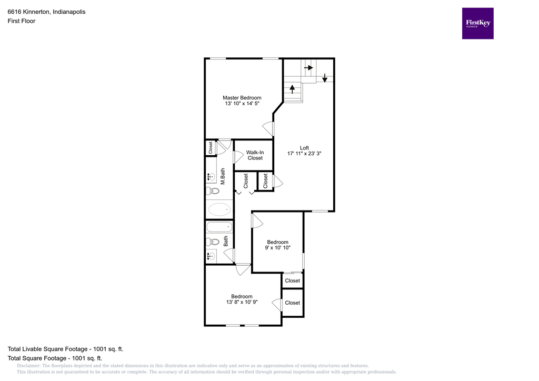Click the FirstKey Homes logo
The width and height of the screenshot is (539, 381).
click(x=477, y=23)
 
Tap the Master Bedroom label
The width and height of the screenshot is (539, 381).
click(x=242, y=98)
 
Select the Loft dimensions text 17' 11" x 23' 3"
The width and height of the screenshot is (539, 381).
click(x=304, y=154)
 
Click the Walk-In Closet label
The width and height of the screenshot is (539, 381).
click(x=255, y=155)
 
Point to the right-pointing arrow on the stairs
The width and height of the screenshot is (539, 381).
click(x=308, y=68)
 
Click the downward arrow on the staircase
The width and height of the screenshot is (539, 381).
click(x=325, y=78)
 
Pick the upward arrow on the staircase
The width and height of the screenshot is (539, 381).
click(x=292, y=88)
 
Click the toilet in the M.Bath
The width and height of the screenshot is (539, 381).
click(x=212, y=190)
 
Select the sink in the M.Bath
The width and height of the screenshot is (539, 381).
click(x=211, y=177)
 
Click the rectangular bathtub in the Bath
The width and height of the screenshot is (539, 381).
click(x=219, y=227)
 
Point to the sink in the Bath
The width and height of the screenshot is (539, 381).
click(x=212, y=256)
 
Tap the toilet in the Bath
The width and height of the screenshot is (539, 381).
click(x=212, y=242)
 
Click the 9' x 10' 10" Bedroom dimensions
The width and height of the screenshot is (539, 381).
click(x=277, y=248)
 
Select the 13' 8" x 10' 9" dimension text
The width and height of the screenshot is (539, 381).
click(x=242, y=303)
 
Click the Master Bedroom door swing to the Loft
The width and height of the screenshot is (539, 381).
click(x=268, y=128)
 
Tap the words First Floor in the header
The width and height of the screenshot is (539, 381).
click(x=22, y=21)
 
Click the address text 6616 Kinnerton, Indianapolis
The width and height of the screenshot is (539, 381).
click(x=47, y=12)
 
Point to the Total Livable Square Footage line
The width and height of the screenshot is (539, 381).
click(x=65, y=349)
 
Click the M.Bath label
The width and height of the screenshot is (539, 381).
click(x=223, y=176)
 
